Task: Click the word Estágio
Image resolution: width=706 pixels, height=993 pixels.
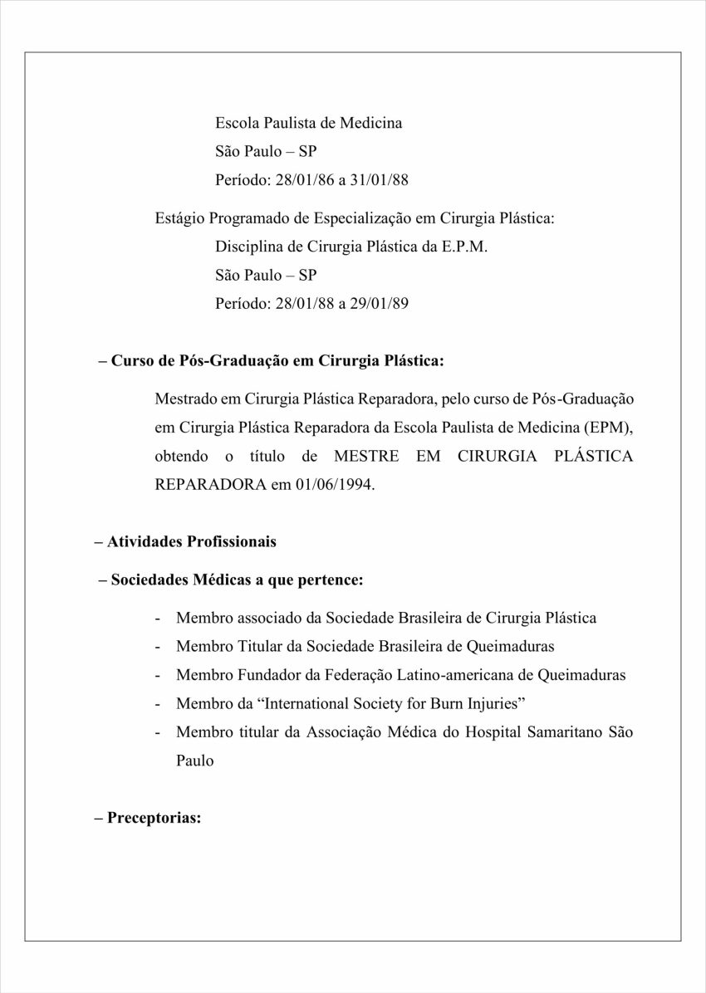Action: click(x=179, y=218)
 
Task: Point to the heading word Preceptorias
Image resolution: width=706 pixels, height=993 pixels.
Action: click(x=154, y=817)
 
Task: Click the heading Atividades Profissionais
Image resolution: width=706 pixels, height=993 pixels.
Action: click(x=191, y=541)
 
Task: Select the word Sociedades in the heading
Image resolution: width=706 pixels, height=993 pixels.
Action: click(x=150, y=580)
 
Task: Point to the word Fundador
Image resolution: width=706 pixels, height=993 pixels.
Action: click(x=267, y=675)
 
